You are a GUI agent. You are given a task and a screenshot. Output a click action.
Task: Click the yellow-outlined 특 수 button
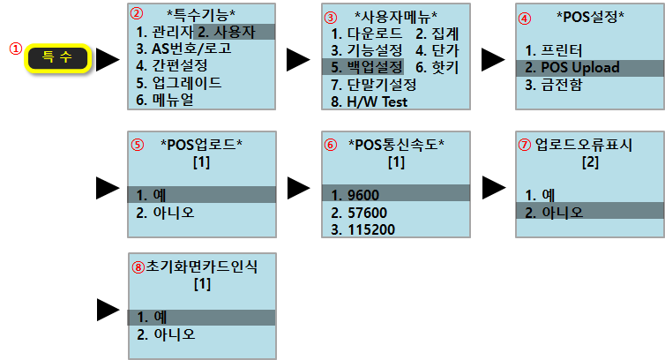[x=58, y=59]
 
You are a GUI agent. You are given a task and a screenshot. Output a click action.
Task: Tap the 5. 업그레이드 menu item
[x=179, y=83]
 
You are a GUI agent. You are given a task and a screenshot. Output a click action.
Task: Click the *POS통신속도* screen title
[x=396, y=145]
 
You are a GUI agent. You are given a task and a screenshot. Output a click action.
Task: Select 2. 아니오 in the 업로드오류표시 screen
[x=555, y=212]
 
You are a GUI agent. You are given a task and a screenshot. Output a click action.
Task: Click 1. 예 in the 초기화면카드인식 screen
[x=153, y=317]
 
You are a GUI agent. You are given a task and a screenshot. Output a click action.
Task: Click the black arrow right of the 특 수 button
[x=108, y=60]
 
